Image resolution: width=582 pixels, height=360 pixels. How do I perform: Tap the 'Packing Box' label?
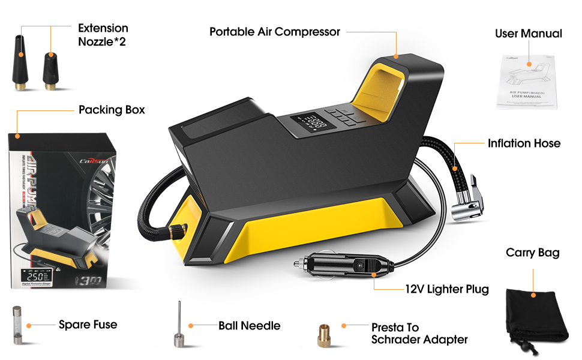point(112,110)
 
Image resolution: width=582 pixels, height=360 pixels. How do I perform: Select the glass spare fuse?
point(17,325)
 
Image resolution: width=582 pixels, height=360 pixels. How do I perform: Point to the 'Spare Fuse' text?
point(88,325)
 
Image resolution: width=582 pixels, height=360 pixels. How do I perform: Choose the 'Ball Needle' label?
point(249,326)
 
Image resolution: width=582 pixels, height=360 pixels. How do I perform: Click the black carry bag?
point(536,315)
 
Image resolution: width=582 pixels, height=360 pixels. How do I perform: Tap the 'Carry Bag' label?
point(532,253)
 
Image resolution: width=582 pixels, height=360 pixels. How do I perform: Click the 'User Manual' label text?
point(528,34)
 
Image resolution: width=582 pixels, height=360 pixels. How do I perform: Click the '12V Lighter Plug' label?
point(446,289)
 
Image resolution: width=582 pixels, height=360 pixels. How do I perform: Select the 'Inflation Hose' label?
point(524,143)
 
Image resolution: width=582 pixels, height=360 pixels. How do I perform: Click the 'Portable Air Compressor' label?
point(274,32)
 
